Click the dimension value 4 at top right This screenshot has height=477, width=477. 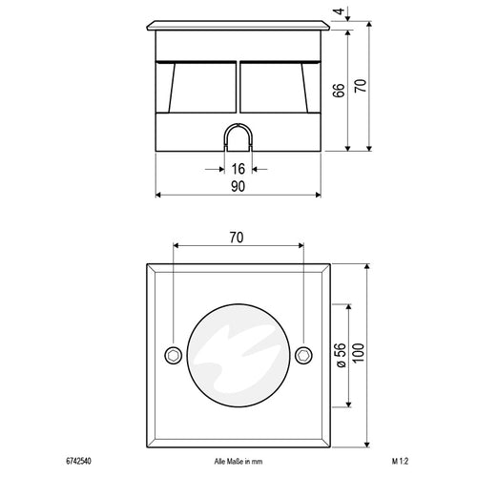341,11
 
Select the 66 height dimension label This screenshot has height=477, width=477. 339,91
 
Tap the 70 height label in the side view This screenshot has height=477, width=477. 361,86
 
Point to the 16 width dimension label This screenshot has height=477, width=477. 238,169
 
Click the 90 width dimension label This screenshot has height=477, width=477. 238,187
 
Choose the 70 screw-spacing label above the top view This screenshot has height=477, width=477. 237,238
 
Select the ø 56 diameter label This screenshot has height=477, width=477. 340,355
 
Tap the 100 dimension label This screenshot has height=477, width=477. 359,353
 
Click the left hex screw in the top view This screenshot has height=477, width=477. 174,355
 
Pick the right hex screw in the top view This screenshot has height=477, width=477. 303,355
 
